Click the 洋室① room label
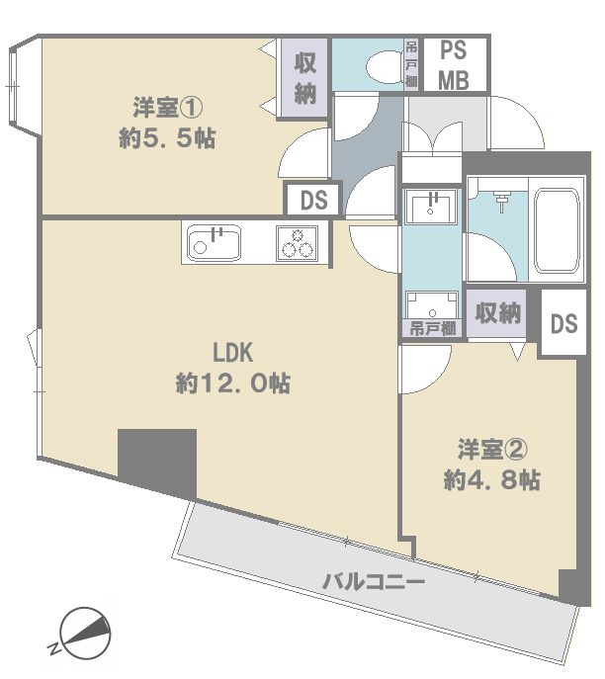coord(167,108)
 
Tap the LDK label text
coord(232,353)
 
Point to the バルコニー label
coord(374,581)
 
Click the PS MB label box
coord(455,65)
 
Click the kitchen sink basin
coord(214,243)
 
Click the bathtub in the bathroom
coord(557,230)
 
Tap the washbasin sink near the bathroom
coord(430,207)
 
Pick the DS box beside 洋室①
coord(313,200)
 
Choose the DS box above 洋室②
coord(563,323)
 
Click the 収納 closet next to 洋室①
coord(304,78)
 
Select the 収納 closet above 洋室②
coord(497,312)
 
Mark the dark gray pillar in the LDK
coord(157,463)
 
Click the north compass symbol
coord(84,634)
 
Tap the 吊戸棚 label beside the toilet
coord(411,64)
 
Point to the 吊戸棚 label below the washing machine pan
coord(433,329)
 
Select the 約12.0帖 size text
coord(232,383)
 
